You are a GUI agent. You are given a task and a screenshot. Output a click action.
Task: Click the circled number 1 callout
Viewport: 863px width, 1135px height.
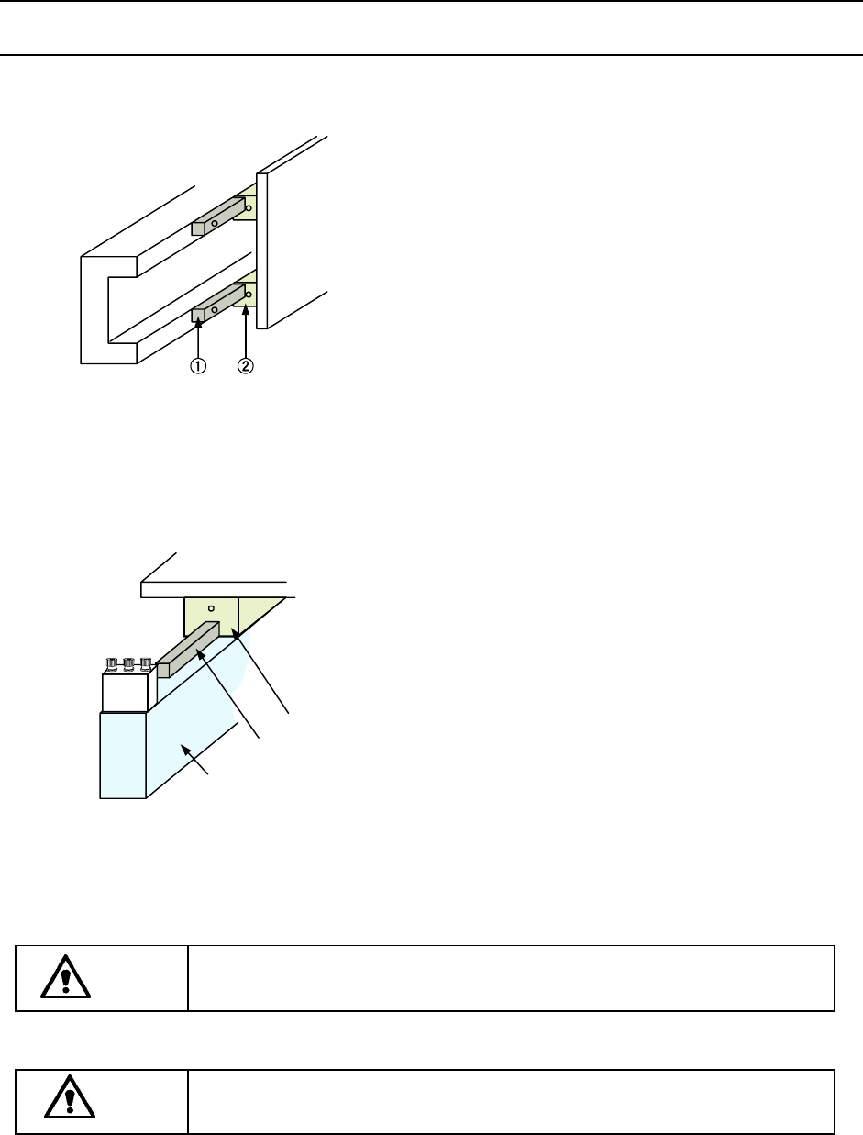198,365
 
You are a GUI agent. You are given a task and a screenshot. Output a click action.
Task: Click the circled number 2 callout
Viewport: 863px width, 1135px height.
245,365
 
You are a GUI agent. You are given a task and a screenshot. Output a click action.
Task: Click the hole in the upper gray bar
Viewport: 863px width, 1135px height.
215,222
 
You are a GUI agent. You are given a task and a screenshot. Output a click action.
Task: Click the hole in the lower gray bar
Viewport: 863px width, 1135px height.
215,309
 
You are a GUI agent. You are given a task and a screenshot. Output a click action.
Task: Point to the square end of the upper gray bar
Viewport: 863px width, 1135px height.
197,228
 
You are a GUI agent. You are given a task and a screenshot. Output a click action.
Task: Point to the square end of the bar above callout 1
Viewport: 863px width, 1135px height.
197,317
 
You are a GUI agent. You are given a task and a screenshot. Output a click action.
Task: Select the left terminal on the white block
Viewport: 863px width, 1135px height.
113,662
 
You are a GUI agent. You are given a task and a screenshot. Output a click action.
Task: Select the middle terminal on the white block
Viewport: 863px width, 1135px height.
128,662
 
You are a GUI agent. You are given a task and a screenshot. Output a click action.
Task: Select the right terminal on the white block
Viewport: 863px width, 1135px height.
144,662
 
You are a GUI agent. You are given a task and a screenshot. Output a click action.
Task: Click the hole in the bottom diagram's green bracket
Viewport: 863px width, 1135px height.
211,607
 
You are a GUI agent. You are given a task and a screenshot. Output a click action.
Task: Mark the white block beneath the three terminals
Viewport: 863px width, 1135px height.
124,690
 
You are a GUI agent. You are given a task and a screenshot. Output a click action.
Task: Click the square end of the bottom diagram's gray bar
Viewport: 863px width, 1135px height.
164,670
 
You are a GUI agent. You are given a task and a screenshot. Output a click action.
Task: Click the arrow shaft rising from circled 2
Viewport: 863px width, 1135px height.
245,335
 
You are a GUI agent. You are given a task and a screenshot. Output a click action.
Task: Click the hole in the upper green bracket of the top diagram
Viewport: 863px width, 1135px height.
248,207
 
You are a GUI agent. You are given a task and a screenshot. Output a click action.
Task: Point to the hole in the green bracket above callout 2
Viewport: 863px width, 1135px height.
248,295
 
